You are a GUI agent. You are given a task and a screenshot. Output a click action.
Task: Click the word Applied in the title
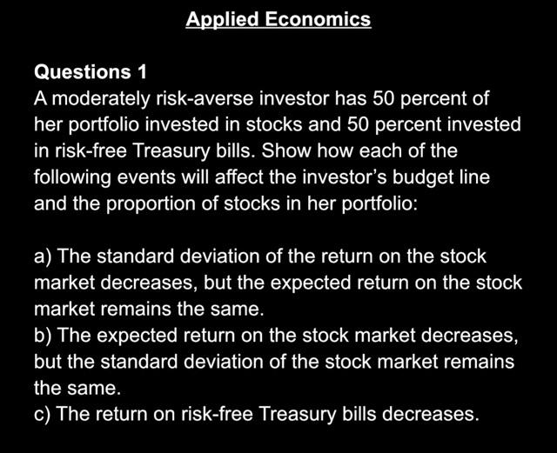pyautogui.click(x=223, y=20)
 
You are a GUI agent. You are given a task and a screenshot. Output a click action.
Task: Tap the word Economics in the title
pyautogui.click(x=318, y=19)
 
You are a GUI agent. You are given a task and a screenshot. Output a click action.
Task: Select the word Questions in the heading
pyautogui.click(x=83, y=72)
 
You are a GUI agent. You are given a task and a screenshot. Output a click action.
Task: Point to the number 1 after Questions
pyautogui.click(x=142, y=71)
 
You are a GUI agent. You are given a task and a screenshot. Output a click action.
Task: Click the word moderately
pyautogui.click(x=101, y=99)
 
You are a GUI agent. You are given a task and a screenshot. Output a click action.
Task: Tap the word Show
pyautogui.click(x=286, y=150)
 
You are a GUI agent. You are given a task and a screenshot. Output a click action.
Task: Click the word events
pyautogui.click(x=146, y=177)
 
